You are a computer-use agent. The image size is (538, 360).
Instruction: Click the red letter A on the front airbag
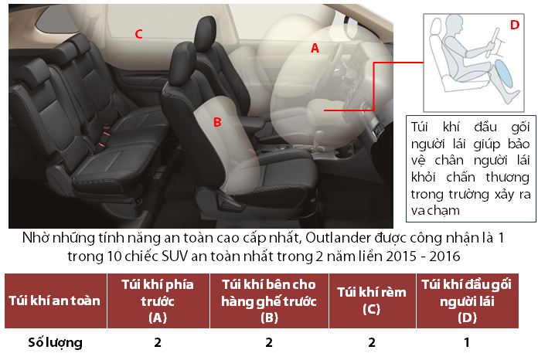coord(315,49)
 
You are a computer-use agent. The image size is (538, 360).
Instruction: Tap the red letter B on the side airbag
coord(217,122)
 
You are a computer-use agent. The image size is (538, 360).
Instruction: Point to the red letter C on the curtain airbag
coord(138,34)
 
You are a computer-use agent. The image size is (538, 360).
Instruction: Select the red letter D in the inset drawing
coord(515,25)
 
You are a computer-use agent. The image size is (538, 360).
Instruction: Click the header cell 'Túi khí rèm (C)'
coord(372,301)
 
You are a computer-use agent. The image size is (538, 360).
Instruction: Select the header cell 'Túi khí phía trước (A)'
coord(158,301)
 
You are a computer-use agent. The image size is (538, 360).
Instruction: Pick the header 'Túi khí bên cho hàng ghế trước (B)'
coord(269,301)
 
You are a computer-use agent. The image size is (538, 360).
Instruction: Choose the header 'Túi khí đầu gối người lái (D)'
coord(468,301)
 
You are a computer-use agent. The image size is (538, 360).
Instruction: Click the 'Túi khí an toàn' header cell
coord(55,301)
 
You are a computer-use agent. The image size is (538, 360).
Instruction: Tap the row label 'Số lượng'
coord(55,342)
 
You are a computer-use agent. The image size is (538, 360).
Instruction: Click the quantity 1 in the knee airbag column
coord(467,342)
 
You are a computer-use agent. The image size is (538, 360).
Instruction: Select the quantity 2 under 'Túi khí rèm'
coord(372,342)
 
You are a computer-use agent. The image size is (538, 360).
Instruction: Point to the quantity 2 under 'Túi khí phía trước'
coord(158,342)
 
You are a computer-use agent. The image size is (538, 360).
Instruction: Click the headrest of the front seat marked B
coord(183,62)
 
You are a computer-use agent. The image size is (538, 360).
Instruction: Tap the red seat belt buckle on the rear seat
coord(106,133)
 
